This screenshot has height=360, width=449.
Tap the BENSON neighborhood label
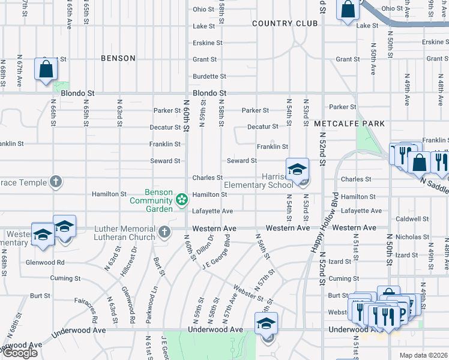(118, 58)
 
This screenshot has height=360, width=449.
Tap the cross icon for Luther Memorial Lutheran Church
(164, 231)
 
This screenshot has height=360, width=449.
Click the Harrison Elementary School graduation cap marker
(297, 169)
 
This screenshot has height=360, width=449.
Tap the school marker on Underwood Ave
(266, 324)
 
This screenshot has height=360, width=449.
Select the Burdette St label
(209, 76)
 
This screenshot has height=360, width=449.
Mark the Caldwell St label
(417, 220)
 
